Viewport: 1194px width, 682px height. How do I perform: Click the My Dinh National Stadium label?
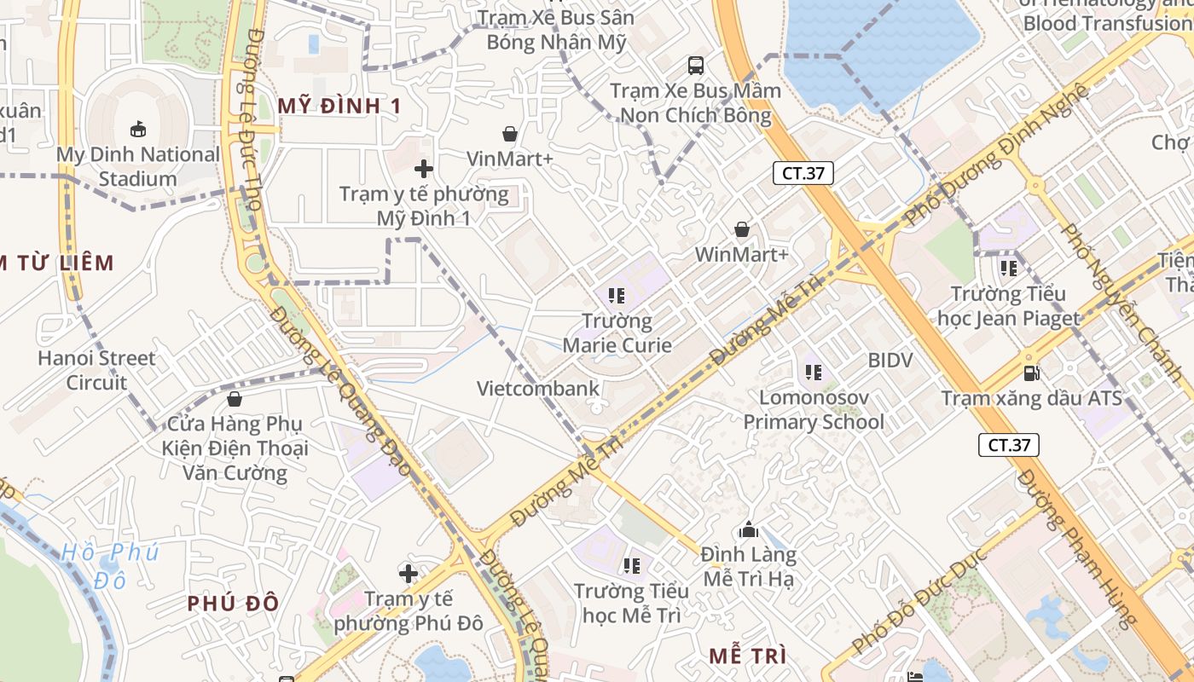137,166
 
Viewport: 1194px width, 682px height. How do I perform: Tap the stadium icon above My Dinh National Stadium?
137,129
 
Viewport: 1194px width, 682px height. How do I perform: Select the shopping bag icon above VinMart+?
510,134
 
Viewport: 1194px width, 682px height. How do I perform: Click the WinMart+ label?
742,254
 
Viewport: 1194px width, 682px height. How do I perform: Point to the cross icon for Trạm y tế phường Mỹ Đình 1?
424,169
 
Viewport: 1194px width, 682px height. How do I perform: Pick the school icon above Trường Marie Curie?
617,297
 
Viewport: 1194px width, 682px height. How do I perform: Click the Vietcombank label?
538,389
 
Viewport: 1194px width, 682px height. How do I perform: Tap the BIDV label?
890,360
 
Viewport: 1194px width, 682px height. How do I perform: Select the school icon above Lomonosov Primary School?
813,373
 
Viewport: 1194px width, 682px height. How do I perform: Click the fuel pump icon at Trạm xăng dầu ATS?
1032,373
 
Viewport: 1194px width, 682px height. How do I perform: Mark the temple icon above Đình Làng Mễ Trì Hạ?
750,530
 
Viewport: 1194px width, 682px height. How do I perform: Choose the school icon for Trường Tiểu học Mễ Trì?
632,565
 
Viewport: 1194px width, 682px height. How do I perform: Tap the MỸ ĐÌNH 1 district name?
339,106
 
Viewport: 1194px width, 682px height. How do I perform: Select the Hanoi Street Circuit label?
96,370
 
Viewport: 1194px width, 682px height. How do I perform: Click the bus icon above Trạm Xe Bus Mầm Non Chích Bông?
696,65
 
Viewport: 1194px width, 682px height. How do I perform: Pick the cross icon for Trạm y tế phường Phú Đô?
409,574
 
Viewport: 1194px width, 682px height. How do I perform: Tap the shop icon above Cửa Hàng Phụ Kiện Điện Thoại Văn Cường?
235,399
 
